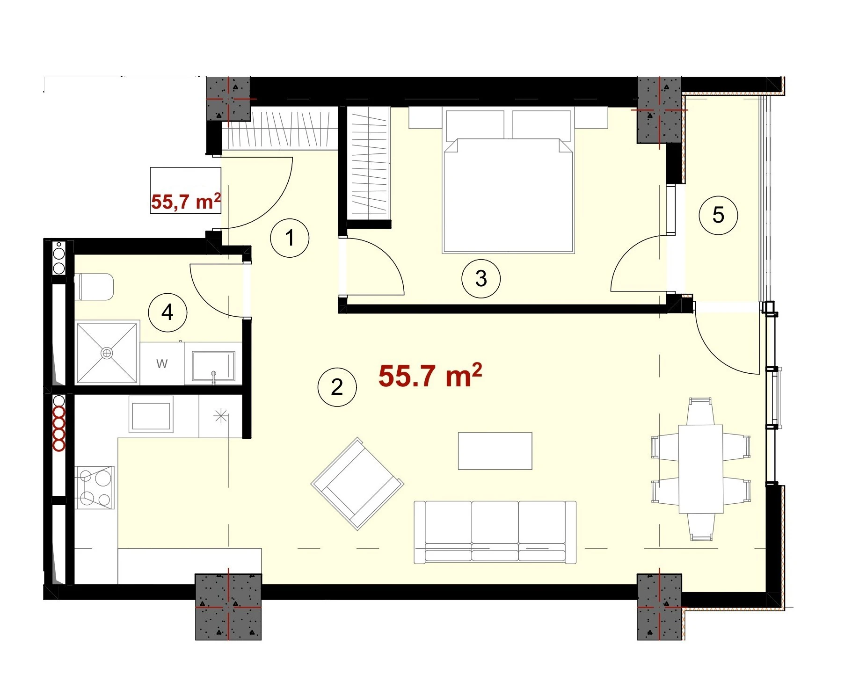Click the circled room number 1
290,238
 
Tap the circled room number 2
337,387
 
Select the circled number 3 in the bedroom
481,279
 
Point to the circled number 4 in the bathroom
167,312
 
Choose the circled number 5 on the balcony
718,215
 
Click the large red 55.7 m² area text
430,376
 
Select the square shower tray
107,353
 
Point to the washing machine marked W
162,364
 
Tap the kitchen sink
151,414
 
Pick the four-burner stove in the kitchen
95,487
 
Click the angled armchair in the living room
357,484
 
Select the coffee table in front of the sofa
495,451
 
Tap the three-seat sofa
495,532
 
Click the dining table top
701,469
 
